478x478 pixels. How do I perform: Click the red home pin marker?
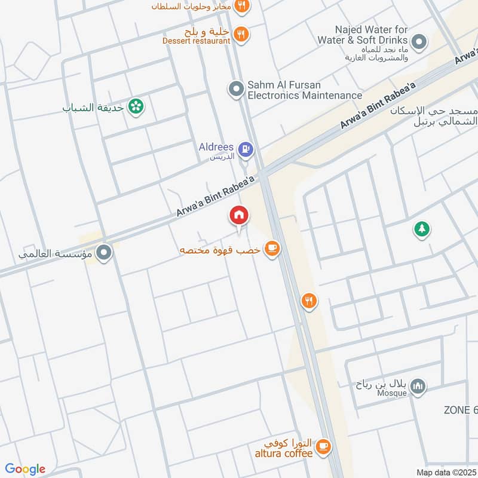pyautogui.click(x=239, y=215)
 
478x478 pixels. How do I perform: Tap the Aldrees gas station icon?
pyautogui.click(x=245, y=148)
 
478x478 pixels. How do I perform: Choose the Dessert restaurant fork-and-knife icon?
pyautogui.click(x=241, y=34)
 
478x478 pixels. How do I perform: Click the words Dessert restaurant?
pyautogui.click(x=196, y=41)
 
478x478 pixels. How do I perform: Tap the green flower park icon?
pyautogui.click(x=137, y=108)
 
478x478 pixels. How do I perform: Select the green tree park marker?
pyautogui.click(x=422, y=228)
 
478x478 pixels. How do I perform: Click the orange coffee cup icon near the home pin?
pyautogui.click(x=272, y=247)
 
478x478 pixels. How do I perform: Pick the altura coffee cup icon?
pyautogui.click(x=323, y=446)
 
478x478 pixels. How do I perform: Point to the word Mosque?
pyautogui.click(x=391, y=393)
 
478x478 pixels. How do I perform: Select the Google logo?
pyautogui.click(x=25, y=469)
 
